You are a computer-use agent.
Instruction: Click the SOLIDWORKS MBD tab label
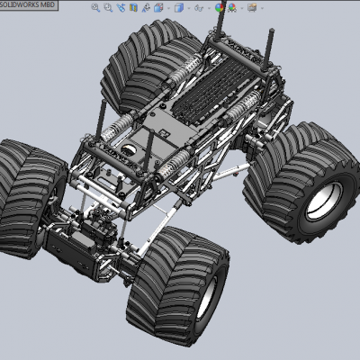tap(27, 4)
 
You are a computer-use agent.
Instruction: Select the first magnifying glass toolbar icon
tap(95, 8)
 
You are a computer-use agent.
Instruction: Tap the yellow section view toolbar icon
tap(133, 7)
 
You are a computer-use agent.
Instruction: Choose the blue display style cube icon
tap(179, 8)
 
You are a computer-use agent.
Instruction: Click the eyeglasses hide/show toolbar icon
tap(199, 8)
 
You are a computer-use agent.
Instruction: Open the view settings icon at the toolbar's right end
tap(252, 8)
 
